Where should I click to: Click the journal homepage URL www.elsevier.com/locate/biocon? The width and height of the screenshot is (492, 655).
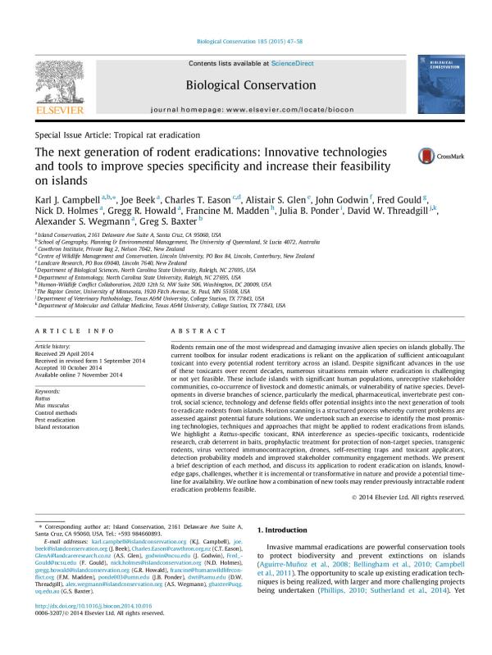pyautogui.click(x=291, y=108)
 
